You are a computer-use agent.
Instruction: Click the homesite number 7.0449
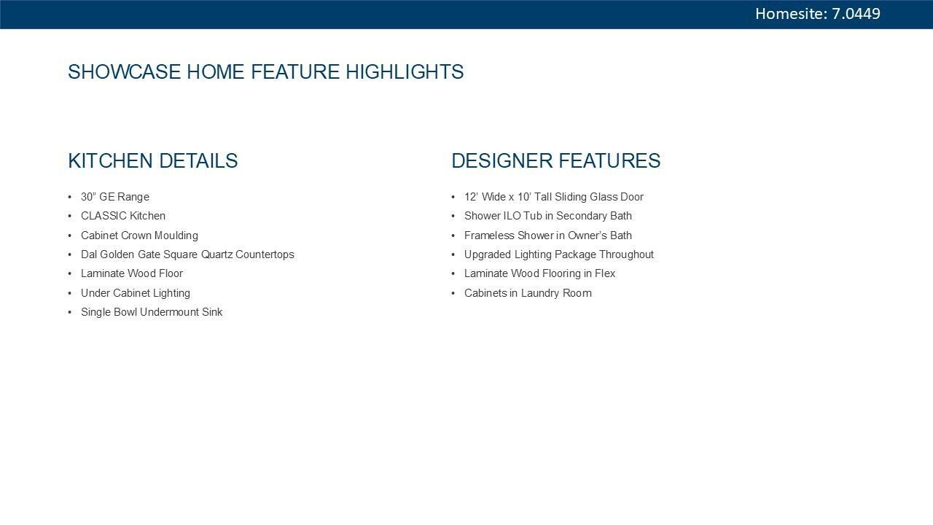856,14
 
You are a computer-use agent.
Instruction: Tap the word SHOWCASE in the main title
124,71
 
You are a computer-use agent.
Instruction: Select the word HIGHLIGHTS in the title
405,71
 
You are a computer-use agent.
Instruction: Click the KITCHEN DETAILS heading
153,161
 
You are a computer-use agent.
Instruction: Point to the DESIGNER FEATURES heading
556,161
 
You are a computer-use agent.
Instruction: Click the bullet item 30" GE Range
115,197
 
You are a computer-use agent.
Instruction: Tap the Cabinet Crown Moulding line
139,236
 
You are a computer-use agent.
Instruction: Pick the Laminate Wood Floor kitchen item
132,273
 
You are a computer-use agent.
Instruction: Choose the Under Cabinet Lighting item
136,293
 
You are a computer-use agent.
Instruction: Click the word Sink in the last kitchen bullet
212,312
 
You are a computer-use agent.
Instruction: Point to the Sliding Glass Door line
554,197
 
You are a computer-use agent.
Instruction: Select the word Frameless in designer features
489,236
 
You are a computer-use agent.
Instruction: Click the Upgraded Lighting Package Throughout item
559,254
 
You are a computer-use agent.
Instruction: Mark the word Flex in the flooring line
605,273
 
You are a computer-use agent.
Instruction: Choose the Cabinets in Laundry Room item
528,293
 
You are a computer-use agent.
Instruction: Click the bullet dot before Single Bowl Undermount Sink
69,312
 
